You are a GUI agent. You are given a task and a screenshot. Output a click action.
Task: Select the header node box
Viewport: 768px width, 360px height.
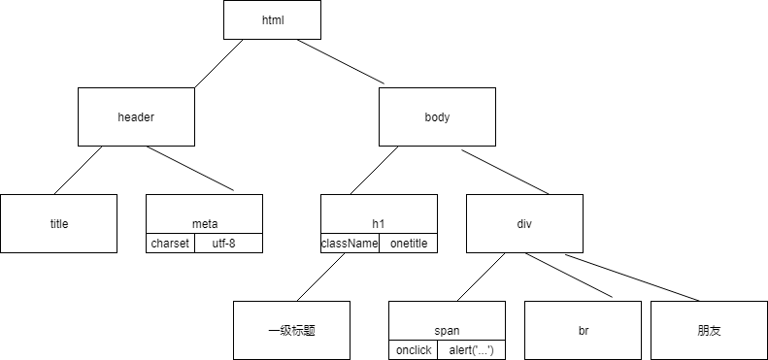[x=136, y=116]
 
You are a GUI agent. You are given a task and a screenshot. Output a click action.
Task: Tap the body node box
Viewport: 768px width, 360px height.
[x=437, y=116]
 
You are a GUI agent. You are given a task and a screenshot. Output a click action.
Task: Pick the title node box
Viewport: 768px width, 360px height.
[x=58, y=223]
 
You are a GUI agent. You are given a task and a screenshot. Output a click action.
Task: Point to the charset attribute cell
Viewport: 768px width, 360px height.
[x=170, y=244]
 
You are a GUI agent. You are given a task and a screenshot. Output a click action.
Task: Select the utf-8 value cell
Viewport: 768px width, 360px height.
[x=228, y=244]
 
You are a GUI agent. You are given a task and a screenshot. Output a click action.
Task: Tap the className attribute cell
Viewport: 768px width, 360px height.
[x=350, y=244]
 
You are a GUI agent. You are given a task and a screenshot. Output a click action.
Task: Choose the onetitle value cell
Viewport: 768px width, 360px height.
[x=408, y=244]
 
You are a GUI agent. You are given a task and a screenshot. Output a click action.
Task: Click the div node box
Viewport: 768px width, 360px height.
[x=524, y=223]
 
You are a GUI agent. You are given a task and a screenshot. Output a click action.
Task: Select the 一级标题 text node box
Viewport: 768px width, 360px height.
[x=291, y=330]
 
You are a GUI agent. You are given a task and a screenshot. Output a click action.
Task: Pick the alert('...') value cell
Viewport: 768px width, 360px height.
[x=471, y=350]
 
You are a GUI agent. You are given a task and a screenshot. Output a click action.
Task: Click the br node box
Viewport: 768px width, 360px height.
[x=583, y=330]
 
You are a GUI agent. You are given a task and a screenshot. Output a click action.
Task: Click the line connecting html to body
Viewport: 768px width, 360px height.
[x=340, y=62]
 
